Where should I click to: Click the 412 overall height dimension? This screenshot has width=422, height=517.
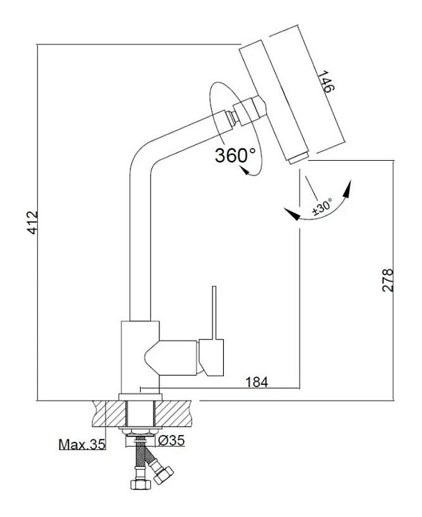pos(32,223)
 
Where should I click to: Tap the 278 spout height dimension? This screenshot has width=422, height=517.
pos(388,280)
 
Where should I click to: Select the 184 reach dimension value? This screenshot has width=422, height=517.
pos(257,382)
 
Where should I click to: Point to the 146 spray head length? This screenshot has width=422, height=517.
pos(326,81)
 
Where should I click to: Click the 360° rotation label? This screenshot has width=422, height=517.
pos(235,154)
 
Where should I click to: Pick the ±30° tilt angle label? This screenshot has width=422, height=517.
pos(322,207)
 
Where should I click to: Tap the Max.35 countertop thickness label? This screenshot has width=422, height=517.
pos(82,444)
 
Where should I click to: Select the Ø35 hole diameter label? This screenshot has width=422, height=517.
pos(172,440)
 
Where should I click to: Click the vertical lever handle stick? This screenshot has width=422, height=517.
pos(215,312)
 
